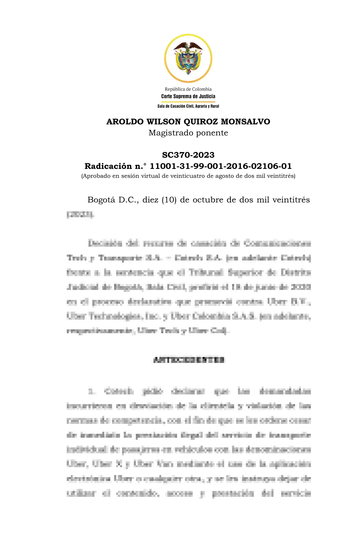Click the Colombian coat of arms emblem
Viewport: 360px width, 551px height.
tap(188, 58)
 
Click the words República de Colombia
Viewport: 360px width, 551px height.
tap(188, 89)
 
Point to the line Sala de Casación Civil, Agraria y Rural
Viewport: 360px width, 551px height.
tap(188, 106)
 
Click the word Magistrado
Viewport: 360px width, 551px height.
tap(171, 133)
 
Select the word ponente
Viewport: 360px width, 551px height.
tap(212, 133)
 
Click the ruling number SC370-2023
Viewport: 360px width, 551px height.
tap(188, 155)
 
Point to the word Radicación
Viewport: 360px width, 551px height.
tap(108, 166)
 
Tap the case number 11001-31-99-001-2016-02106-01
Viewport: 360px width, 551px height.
tap(221, 166)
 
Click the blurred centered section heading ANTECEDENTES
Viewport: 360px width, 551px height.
tap(189, 360)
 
